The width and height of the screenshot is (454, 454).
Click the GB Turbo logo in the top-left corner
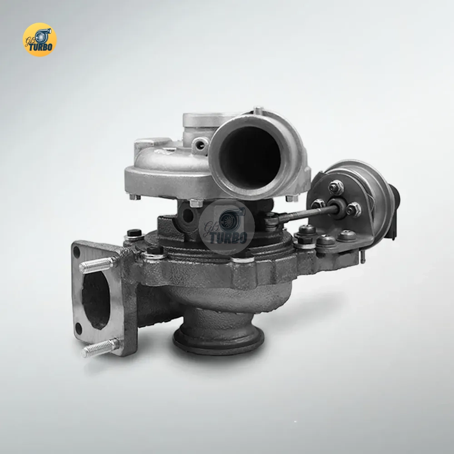tap(39, 39)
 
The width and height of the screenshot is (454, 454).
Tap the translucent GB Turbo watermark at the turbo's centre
tap(227, 227)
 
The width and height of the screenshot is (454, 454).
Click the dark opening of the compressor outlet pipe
tap(250, 157)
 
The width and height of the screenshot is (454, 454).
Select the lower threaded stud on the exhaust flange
tap(100, 348)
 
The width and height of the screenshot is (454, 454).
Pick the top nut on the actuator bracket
tap(336, 187)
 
